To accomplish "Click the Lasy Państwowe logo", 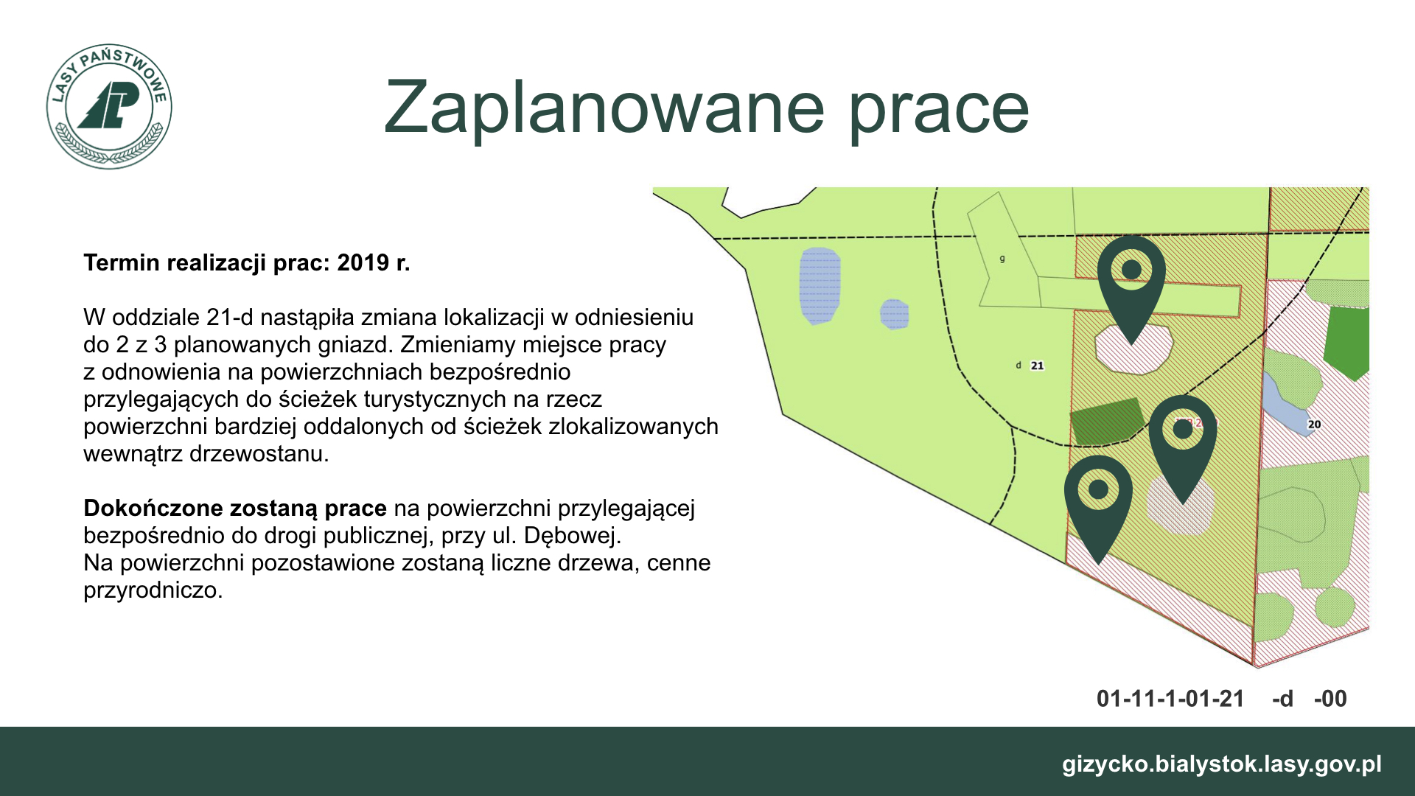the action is point(109,106).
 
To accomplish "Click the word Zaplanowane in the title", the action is point(604,108).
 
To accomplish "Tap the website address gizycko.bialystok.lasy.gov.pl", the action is point(1222,764).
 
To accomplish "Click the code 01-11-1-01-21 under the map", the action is point(1170,699).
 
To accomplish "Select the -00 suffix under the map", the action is point(1330,699).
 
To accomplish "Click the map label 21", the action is point(1037,366).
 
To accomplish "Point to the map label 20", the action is point(1314,425).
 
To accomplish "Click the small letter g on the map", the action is point(1002,259).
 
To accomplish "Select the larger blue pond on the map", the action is point(820,286).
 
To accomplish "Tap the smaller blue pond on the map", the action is point(894,314).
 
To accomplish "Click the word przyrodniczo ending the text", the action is point(153,590).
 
